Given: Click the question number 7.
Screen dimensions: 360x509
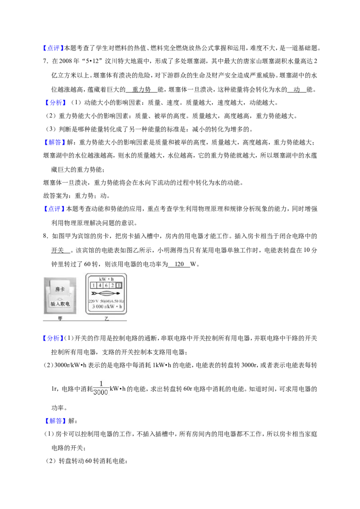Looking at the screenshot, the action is pos(45,61).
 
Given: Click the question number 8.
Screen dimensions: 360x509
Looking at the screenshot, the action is pos(45,237).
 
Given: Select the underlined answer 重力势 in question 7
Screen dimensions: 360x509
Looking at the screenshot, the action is pos(141,89).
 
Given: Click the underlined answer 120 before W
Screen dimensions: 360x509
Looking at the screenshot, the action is pos(180,264).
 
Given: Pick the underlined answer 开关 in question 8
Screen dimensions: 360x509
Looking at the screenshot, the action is pos(58,250).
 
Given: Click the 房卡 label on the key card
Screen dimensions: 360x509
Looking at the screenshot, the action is pos(60,289).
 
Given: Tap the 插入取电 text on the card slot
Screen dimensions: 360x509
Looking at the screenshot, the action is pos(60,304).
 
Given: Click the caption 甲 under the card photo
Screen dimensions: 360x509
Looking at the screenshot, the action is pos(60,319).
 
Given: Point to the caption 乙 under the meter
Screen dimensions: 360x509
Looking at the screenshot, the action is pos(106,319).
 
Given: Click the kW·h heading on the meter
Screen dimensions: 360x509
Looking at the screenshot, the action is pos(106,279).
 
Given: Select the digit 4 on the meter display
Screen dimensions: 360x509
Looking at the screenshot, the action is pos(100,286).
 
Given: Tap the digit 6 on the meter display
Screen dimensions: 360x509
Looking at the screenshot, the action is pos(106,286).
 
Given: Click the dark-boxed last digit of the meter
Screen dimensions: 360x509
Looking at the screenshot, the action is pos(119,286).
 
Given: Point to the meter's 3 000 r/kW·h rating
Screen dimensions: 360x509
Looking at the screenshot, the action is pos(107,307).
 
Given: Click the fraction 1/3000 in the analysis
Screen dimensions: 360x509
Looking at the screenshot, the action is pos(101,388).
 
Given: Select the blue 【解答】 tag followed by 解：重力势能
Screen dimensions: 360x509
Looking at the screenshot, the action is pos(53,143).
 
